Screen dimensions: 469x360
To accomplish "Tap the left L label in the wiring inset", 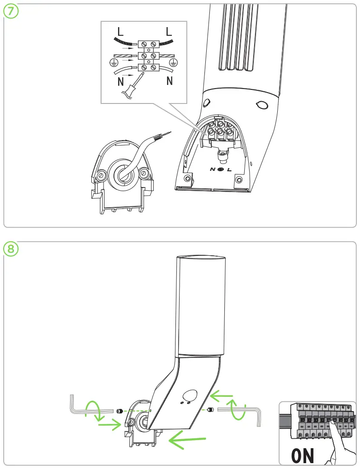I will click(120, 32).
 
